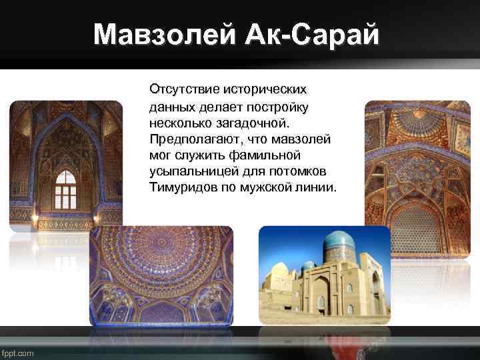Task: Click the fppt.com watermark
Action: tap(18, 353)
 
